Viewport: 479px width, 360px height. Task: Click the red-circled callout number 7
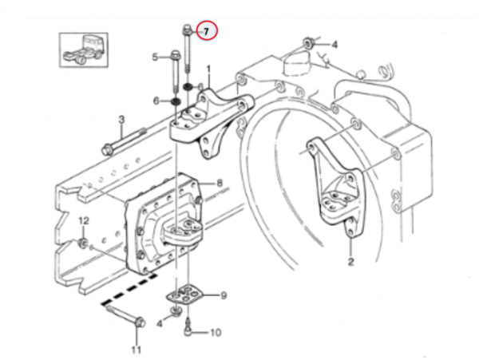coord(207,31)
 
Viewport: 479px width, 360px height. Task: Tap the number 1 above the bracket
coord(208,69)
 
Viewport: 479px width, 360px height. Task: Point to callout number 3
coord(121,120)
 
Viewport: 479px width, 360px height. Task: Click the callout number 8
coord(219,183)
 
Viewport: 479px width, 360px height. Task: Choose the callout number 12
coord(83,220)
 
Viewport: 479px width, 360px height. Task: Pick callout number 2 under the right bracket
coord(350,261)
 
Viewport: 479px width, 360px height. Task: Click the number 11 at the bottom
coord(135,349)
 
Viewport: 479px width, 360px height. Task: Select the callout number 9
coord(224,295)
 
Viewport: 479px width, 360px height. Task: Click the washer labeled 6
coord(171,101)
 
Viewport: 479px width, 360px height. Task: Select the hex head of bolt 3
coord(106,148)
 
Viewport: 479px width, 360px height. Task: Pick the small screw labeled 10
coord(188,326)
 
